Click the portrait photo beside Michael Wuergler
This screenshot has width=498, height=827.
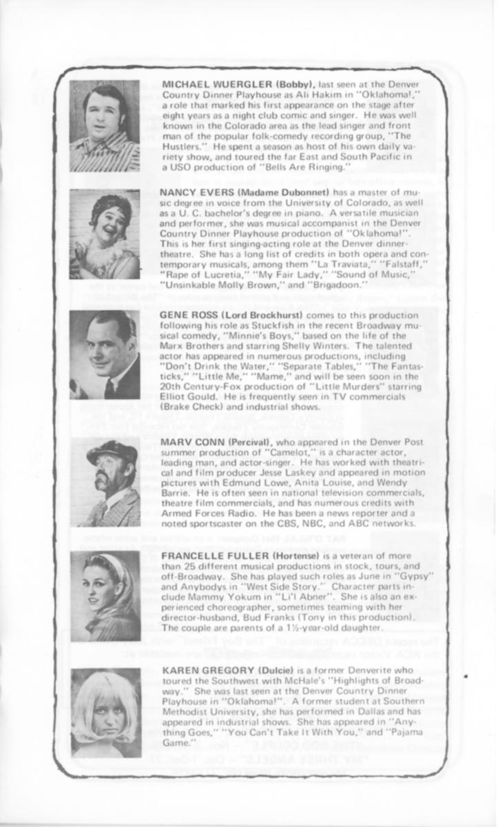[105, 126]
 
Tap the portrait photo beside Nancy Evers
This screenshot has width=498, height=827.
[105, 234]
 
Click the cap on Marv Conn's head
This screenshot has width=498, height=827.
[112, 452]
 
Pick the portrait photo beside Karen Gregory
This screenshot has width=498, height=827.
[106, 713]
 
